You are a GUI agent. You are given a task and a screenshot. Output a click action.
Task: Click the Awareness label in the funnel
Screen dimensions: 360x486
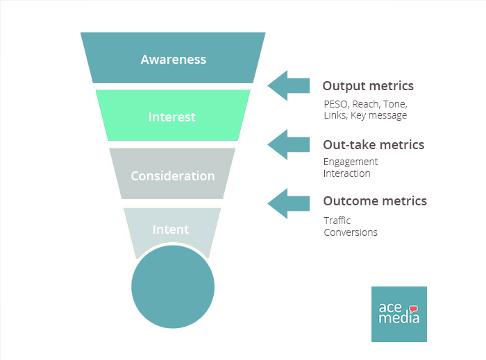click(173, 59)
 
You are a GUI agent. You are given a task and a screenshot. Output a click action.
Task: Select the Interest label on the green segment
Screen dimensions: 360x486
click(172, 117)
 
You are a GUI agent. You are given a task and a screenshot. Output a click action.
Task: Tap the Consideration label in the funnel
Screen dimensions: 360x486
click(172, 175)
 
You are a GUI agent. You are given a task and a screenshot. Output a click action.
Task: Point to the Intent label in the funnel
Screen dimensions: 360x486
click(171, 229)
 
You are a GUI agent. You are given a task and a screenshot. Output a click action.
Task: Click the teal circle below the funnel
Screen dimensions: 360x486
click(172, 288)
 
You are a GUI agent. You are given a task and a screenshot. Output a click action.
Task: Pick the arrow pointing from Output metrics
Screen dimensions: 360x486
click(288, 85)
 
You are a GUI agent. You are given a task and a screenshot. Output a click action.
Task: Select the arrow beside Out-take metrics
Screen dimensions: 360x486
click(288, 144)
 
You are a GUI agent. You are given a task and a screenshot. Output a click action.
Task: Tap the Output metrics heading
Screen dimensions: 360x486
click(368, 86)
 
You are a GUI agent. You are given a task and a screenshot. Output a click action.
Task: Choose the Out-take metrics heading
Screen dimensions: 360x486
click(374, 145)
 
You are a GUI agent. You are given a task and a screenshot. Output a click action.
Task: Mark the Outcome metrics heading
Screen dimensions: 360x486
click(375, 201)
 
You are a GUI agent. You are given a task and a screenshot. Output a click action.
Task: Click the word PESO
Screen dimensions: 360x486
click(337, 104)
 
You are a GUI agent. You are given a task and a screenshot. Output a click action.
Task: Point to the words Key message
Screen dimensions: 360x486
click(379, 115)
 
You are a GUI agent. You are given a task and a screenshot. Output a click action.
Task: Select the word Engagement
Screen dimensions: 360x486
click(351, 162)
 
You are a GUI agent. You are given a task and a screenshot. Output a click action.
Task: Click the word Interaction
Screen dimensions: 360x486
click(347, 173)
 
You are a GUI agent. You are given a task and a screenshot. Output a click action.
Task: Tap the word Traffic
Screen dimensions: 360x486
click(337, 221)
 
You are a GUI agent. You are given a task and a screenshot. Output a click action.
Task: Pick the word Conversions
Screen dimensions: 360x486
click(351, 232)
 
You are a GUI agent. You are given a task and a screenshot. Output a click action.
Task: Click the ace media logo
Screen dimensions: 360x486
click(399, 314)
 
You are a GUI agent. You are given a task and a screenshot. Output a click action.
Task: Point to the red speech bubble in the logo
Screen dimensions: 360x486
click(414, 309)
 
